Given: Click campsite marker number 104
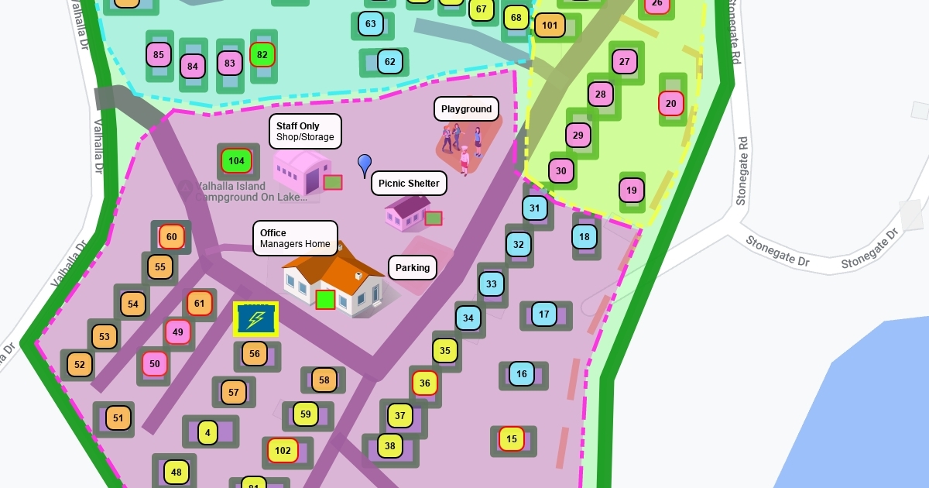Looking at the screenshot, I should click(236, 161).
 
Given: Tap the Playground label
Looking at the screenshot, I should click(466, 109).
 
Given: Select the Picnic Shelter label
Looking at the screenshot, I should click(409, 184).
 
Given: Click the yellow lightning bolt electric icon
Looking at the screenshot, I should click(255, 319).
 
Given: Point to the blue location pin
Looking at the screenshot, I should click(365, 164).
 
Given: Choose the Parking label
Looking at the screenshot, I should click(412, 268).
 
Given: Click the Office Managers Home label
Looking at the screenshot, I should click(295, 238).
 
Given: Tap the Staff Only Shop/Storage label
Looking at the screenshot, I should click(305, 132).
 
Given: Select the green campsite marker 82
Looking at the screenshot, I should click(262, 55).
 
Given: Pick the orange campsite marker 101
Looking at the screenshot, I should click(550, 26).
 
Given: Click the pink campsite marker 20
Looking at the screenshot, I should click(670, 103).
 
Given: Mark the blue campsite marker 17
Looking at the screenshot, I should click(544, 314).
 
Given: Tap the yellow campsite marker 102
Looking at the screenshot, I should click(283, 450).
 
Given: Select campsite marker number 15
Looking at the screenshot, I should click(511, 439).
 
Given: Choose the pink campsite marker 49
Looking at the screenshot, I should click(177, 332).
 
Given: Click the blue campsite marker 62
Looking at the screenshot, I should click(389, 62).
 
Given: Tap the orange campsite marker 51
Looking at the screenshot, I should click(118, 418).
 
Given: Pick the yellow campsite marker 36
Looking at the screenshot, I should click(424, 383).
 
